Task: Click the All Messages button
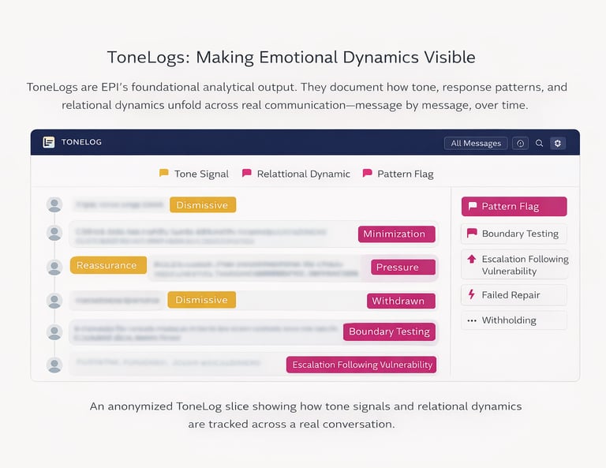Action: (x=476, y=143)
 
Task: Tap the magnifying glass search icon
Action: (x=540, y=143)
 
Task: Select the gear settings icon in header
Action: (x=558, y=143)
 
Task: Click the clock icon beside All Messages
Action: (x=520, y=143)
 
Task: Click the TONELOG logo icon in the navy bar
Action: (x=49, y=142)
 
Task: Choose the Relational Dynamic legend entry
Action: (x=296, y=174)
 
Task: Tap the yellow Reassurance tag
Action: (x=107, y=265)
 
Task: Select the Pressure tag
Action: (x=402, y=267)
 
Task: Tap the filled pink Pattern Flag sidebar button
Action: (x=514, y=207)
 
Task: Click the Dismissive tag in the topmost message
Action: (x=202, y=205)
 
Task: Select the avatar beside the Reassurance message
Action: (x=54, y=266)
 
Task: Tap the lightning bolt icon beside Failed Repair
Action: (x=472, y=295)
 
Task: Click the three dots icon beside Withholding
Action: (x=472, y=320)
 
